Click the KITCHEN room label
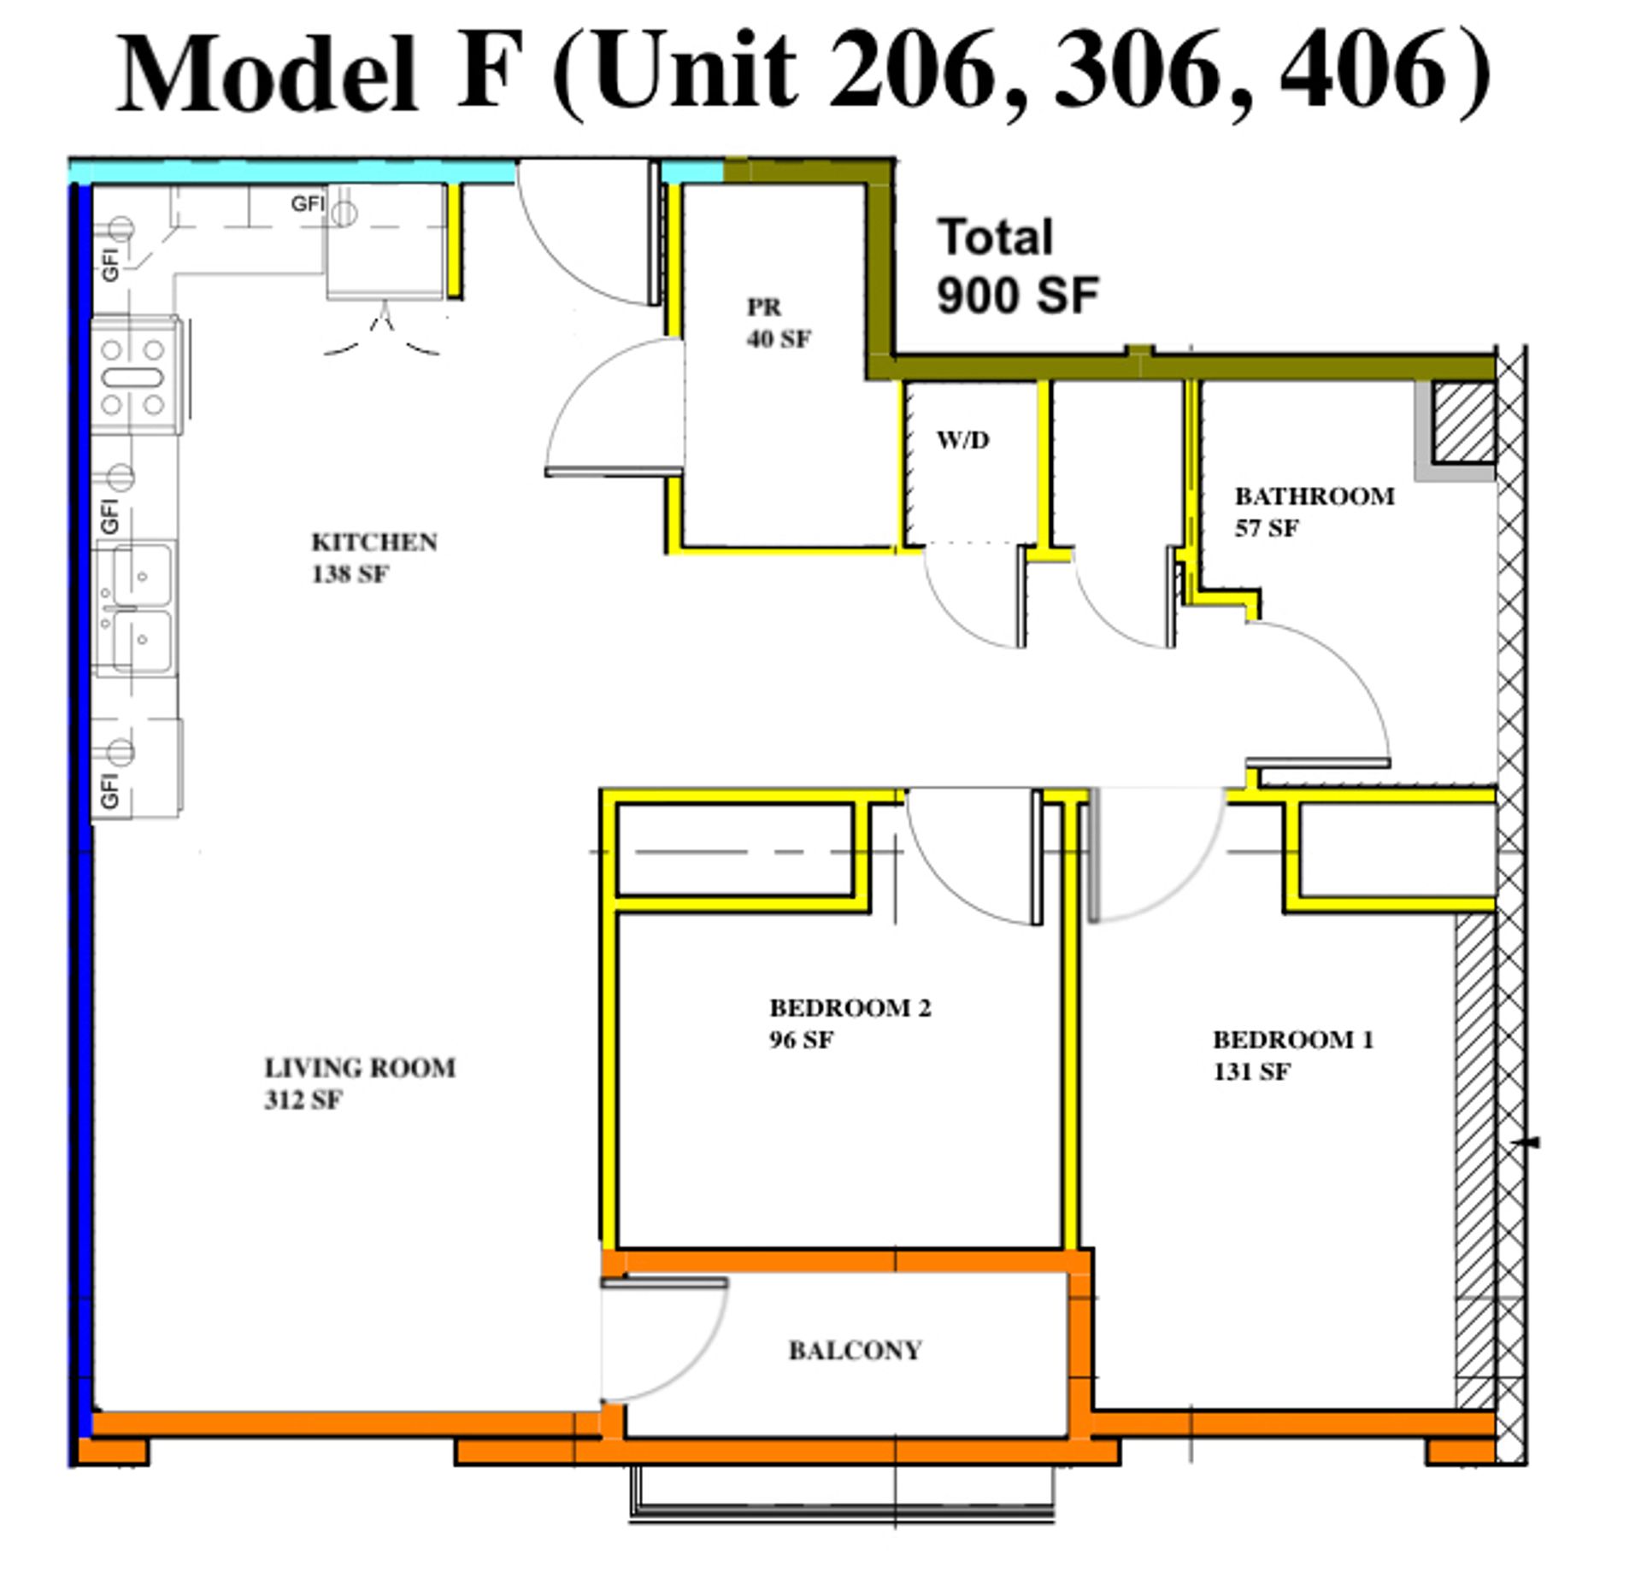pyautogui.click(x=374, y=543)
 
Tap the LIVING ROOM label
pyautogui.click(x=360, y=1068)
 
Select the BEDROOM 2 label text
pyautogui.click(x=850, y=1008)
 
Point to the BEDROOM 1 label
pyautogui.click(x=1293, y=1040)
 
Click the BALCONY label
pyautogui.click(x=855, y=1350)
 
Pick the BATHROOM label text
pyautogui.click(x=1315, y=496)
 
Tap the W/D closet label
pyautogui.click(x=963, y=440)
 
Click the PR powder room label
pyautogui.click(x=764, y=307)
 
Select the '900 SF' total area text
pyautogui.click(x=1017, y=296)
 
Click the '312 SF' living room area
pyautogui.click(x=303, y=1100)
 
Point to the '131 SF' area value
pyautogui.click(x=1252, y=1072)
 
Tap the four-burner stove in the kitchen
pyautogui.click(x=136, y=376)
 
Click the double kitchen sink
pyautogui.click(x=136, y=608)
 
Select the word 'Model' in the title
pyautogui.click(x=268, y=73)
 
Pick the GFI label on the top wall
pyautogui.click(x=308, y=203)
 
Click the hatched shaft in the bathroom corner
pyautogui.click(x=1463, y=422)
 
